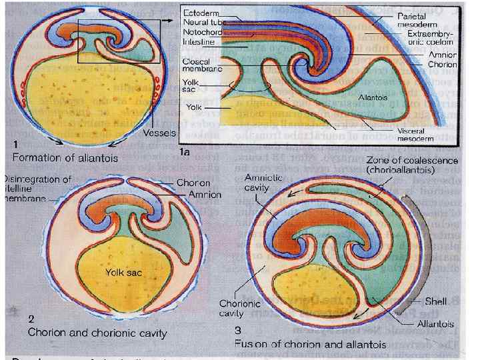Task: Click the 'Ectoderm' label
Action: click(202, 13)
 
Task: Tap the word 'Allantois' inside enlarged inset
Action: click(373, 97)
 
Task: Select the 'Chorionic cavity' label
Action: click(238, 309)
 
